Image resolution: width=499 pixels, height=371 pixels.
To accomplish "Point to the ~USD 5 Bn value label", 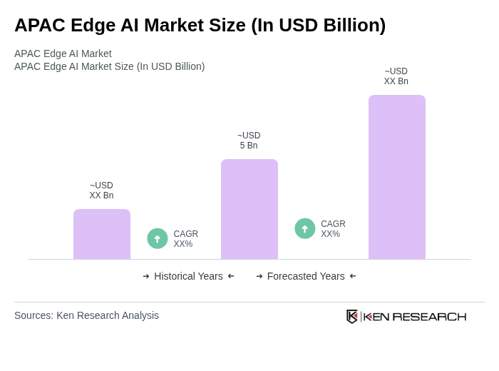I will [x=249, y=141].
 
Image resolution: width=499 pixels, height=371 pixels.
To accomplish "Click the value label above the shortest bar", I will [x=101, y=190].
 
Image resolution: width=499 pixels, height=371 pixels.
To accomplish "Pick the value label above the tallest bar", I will [x=396, y=76].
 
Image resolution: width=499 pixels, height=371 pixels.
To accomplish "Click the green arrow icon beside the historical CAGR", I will [x=158, y=238].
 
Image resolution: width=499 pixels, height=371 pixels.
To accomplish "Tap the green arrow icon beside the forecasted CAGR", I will [x=305, y=228].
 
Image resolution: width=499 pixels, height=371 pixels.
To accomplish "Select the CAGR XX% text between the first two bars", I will [x=186, y=239].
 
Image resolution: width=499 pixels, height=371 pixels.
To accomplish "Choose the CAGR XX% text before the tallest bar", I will [x=333, y=229].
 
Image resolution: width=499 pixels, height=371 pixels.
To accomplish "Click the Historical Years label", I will [x=188, y=276].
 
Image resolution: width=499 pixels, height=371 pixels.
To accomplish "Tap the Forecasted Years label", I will [x=306, y=276].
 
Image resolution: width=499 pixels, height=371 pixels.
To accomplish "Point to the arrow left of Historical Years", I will [x=146, y=276].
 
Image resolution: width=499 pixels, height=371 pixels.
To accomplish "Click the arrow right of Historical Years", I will [x=231, y=276].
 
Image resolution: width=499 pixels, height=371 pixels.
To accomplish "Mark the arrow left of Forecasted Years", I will [x=259, y=276].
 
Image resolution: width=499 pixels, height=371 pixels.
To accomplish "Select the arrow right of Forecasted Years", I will [x=353, y=276].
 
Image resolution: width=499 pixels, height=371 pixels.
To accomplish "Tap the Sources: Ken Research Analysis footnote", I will [x=86, y=315].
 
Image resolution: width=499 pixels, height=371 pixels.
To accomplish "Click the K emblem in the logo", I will [x=352, y=316].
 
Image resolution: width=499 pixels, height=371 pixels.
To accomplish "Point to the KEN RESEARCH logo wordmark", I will [x=415, y=317].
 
